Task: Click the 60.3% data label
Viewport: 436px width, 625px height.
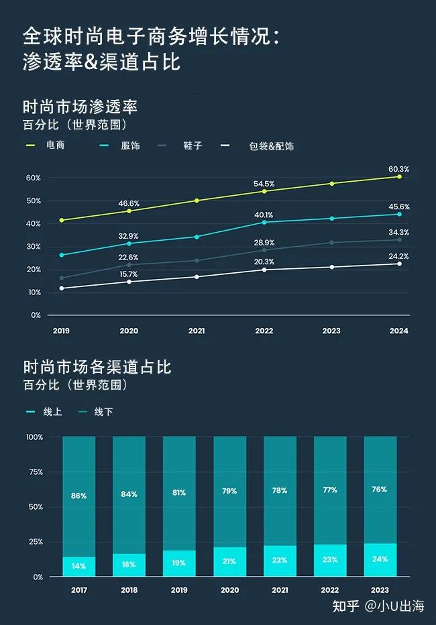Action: click(x=399, y=170)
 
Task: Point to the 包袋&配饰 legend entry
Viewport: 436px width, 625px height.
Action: click(x=271, y=146)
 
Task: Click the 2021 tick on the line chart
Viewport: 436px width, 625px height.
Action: click(x=197, y=331)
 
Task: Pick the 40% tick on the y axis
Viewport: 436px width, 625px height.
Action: click(x=34, y=223)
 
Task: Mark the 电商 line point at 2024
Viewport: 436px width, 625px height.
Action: click(x=399, y=176)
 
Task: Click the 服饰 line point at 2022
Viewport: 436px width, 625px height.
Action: click(x=264, y=222)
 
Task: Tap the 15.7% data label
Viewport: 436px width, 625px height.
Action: click(x=128, y=274)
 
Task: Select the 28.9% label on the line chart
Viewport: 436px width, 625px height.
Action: click(x=264, y=242)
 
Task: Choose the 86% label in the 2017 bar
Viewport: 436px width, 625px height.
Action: click(x=79, y=496)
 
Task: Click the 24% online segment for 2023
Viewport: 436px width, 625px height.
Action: click(x=380, y=560)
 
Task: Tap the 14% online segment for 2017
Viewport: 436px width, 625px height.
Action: click(x=79, y=566)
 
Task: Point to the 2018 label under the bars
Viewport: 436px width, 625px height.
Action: click(x=129, y=590)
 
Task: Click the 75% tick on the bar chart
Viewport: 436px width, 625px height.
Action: click(x=35, y=472)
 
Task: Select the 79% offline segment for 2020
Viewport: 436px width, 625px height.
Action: click(x=229, y=492)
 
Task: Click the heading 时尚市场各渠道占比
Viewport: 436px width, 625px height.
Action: click(x=97, y=367)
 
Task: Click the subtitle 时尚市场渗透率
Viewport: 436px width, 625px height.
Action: click(x=80, y=107)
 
